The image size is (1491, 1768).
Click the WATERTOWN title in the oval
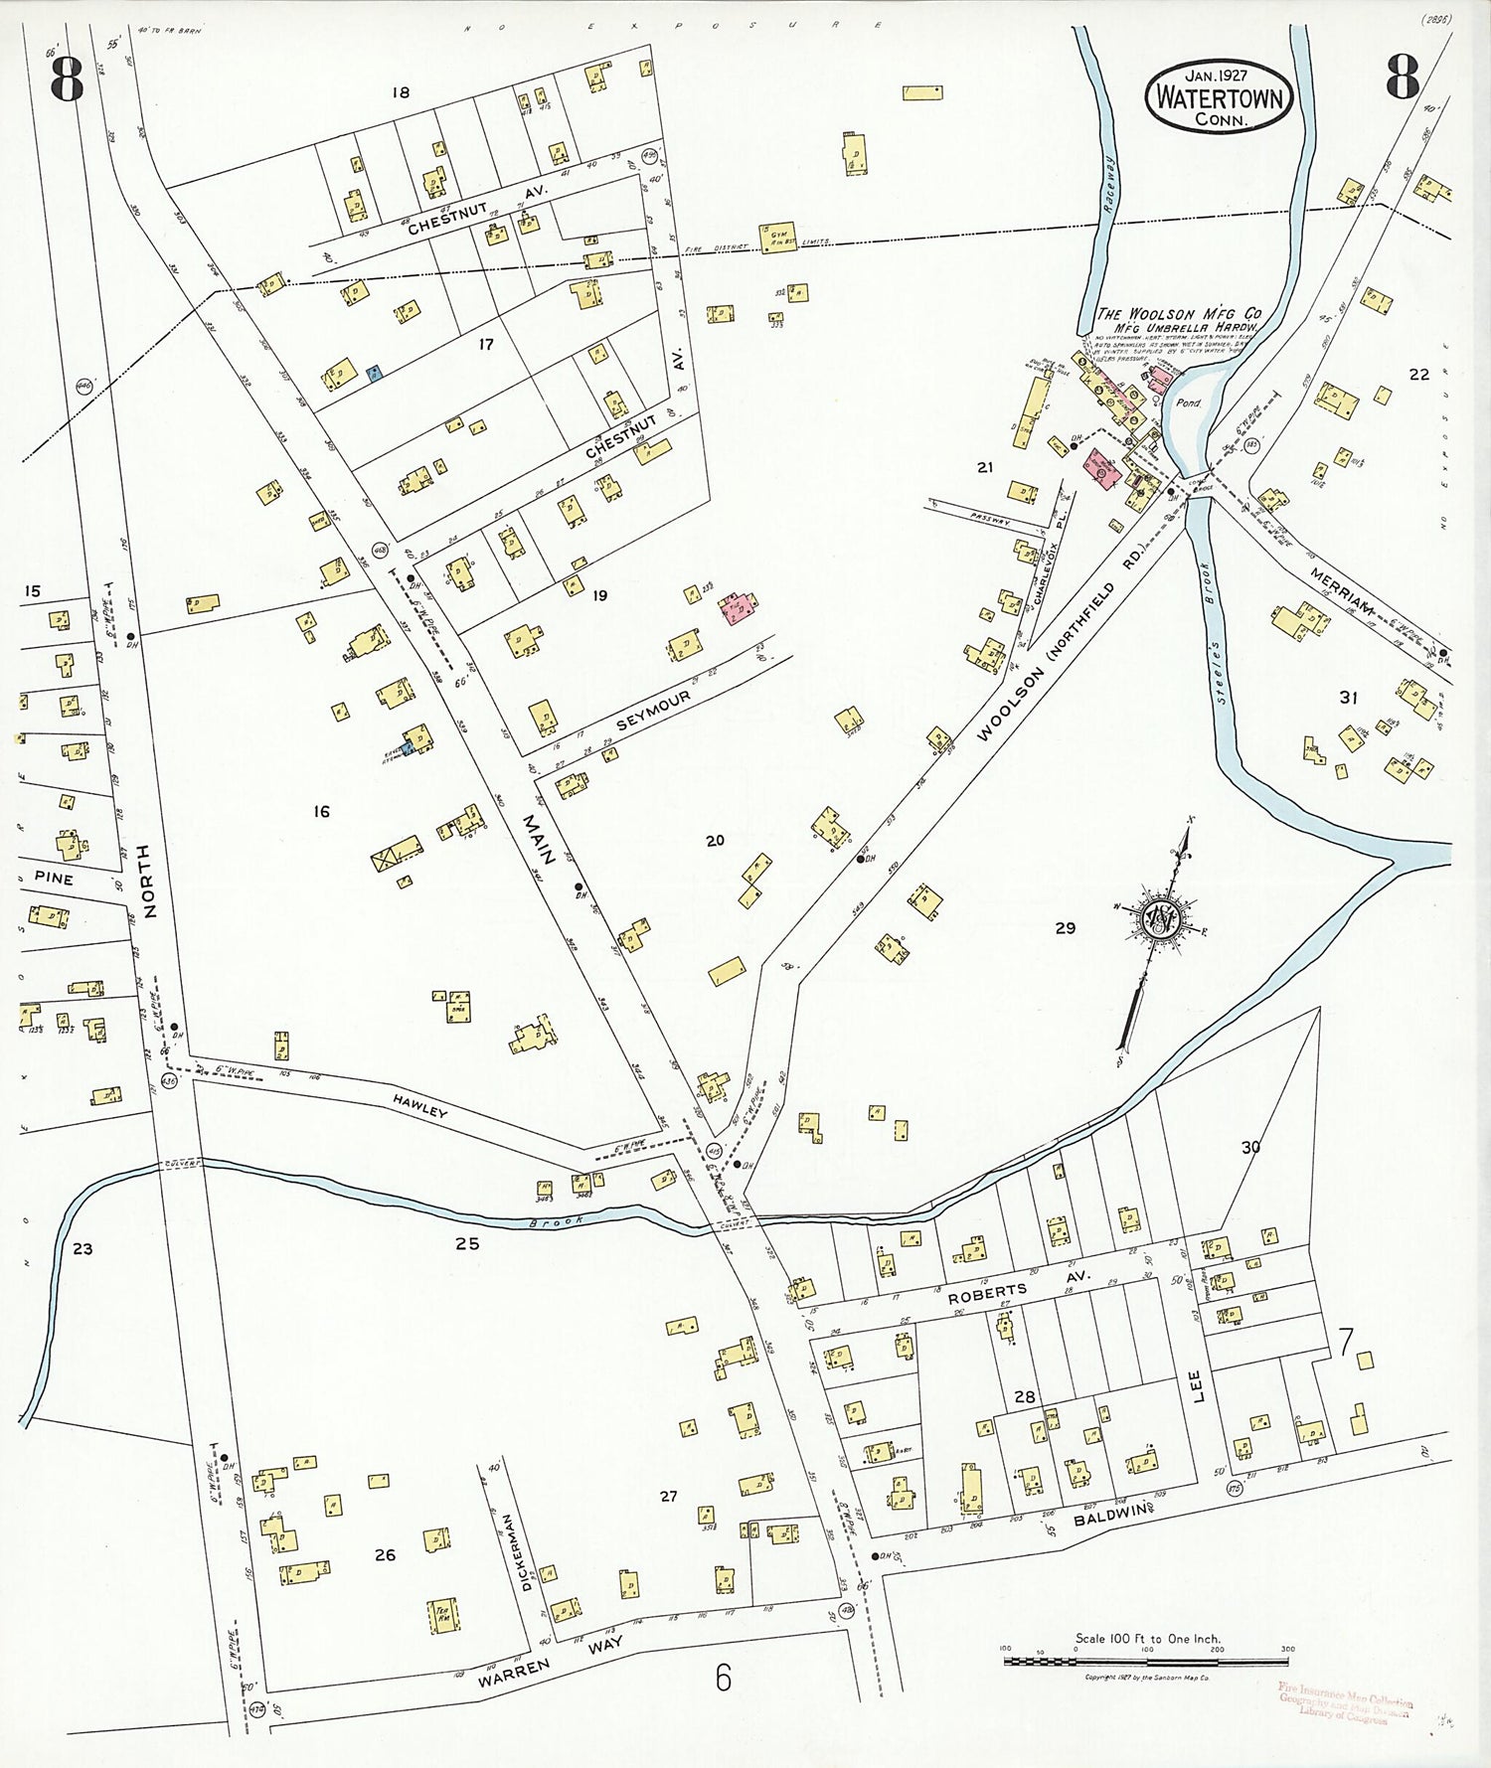click(1220, 98)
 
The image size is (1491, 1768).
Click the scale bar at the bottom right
click(1146, 1661)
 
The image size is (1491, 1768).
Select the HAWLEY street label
click(420, 1106)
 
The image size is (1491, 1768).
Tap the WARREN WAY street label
click(551, 1661)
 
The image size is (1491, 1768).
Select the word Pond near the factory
click(1188, 403)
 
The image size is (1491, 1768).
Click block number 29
click(1065, 927)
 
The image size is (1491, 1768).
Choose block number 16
click(321, 812)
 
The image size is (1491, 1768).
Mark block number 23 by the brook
click(83, 1249)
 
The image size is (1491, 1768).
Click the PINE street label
click(54, 879)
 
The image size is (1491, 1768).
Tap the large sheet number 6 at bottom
click(723, 1678)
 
